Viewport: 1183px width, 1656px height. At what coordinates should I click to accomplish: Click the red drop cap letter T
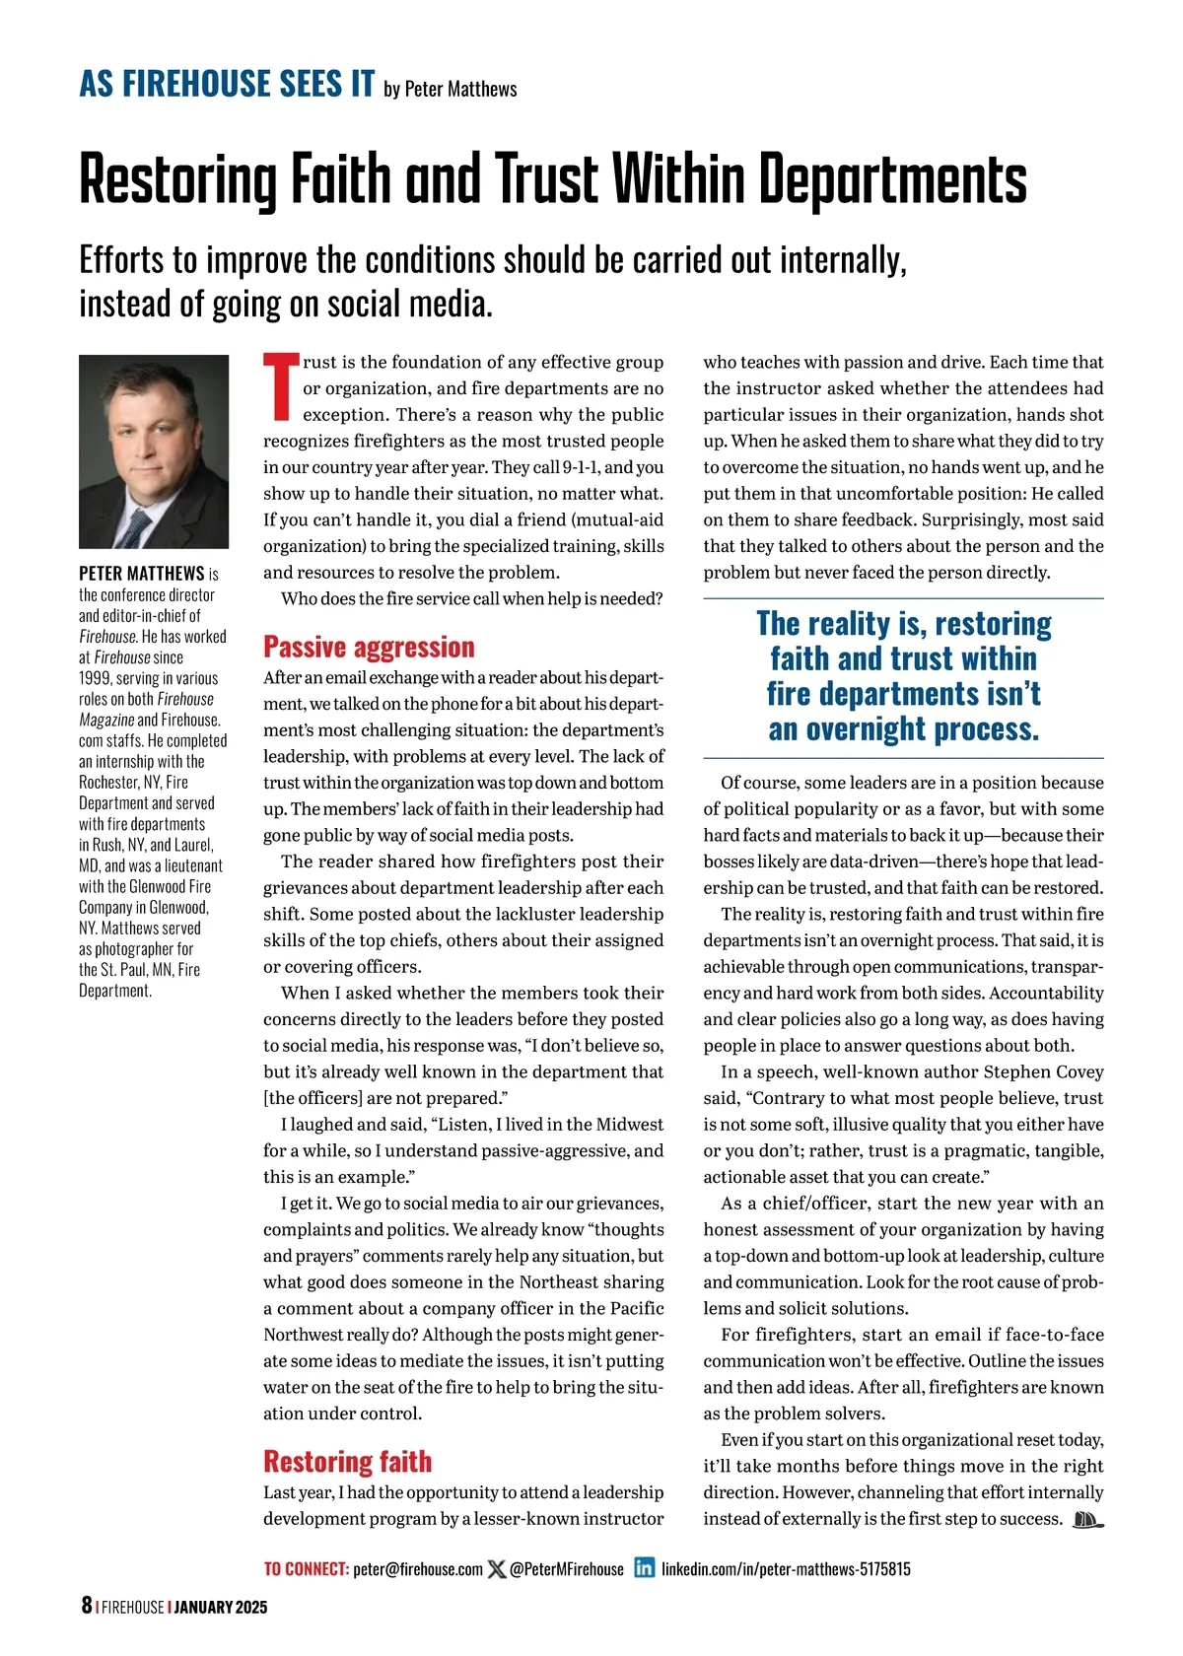click(x=280, y=386)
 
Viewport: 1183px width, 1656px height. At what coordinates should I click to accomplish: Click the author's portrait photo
click(x=154, y=451)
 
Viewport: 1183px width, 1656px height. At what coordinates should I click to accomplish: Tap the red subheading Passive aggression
click(x=369, y=647)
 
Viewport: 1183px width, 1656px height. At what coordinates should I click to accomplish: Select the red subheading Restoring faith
click(x=347, y=1461)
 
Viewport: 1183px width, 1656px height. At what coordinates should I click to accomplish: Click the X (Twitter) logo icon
click(x=497, y=1568)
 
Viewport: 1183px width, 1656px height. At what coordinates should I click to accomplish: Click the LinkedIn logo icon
click(x=644, y=1568)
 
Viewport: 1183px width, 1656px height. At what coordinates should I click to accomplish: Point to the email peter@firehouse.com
click(x=418, y=1569)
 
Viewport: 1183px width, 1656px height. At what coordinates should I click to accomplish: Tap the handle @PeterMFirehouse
click(x=567, y=1569)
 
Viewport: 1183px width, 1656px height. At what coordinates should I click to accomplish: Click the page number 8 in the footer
click(x=87, y=1606)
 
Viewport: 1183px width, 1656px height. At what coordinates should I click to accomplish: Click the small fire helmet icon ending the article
click(x=1086, y=1519)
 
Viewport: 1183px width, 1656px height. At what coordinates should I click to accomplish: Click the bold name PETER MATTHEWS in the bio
click(x=142, y=574)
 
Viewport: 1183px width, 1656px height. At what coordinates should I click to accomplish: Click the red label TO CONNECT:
click(x=306, y=1569)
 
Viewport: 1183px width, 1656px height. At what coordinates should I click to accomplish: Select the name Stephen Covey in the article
click(x=1044, y=1071)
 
